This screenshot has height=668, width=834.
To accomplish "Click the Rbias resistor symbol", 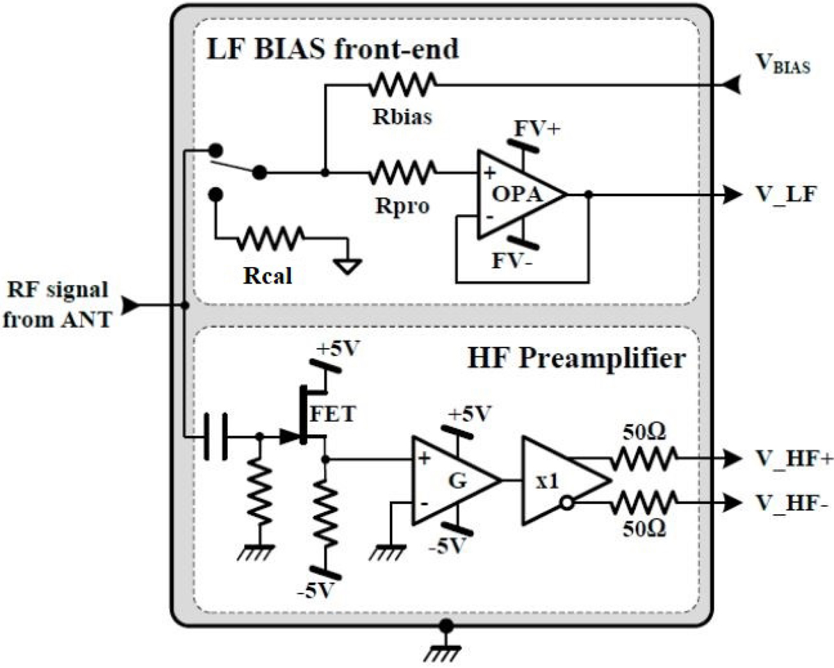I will coord(403,85).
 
